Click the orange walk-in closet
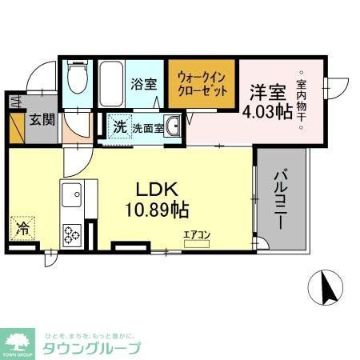202,85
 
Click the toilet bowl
78,81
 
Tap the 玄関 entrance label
43,121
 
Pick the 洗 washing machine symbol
119,126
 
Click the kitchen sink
71,194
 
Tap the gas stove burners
73,234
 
